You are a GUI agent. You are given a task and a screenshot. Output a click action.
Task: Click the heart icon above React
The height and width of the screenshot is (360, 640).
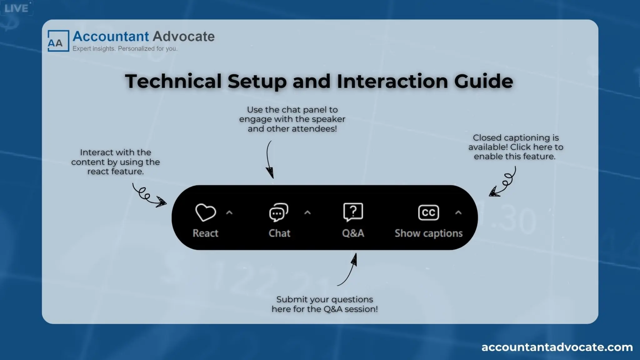tap(206, 212)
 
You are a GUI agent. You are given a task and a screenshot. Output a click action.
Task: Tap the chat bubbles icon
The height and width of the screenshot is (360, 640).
tap(278, 212)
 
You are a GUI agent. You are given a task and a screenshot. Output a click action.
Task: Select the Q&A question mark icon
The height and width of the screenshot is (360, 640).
tap(353, 212)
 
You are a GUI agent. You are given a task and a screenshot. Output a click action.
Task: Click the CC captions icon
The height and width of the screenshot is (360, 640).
tap(428, 212)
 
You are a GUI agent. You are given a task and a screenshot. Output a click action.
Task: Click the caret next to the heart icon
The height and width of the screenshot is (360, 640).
tap(229, 213)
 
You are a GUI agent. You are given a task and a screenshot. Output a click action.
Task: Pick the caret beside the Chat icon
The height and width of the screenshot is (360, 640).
tap(307, 213)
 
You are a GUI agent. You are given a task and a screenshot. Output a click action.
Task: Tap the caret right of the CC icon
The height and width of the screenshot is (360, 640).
tap(458, 213)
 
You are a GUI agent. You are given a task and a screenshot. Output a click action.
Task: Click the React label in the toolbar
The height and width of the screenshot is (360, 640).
tap(205, 233)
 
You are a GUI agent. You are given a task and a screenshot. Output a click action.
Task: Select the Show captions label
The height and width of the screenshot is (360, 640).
tap(428, 233)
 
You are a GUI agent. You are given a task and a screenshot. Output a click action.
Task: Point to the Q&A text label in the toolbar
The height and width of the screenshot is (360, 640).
tap(353, 233)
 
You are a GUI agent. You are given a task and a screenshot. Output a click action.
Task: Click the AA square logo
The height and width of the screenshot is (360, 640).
tap(58, 41)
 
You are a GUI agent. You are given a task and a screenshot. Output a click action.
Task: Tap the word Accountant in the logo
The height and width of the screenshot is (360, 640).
tap(111, 37)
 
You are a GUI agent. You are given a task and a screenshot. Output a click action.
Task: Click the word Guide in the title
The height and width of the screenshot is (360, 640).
tap(483, 81)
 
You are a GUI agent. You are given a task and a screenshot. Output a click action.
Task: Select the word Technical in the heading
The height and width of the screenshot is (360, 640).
tap(173, 81)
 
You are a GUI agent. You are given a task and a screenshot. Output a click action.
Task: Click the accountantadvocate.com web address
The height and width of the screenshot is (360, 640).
tap(557, 347)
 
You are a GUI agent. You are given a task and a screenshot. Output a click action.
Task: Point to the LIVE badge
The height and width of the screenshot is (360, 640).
tap(16, 8)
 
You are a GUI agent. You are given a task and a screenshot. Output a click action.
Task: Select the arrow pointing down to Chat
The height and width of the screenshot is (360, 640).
tap(269, 160)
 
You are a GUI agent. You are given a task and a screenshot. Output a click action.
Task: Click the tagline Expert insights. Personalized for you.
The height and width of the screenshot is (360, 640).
tap(125, 49)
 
